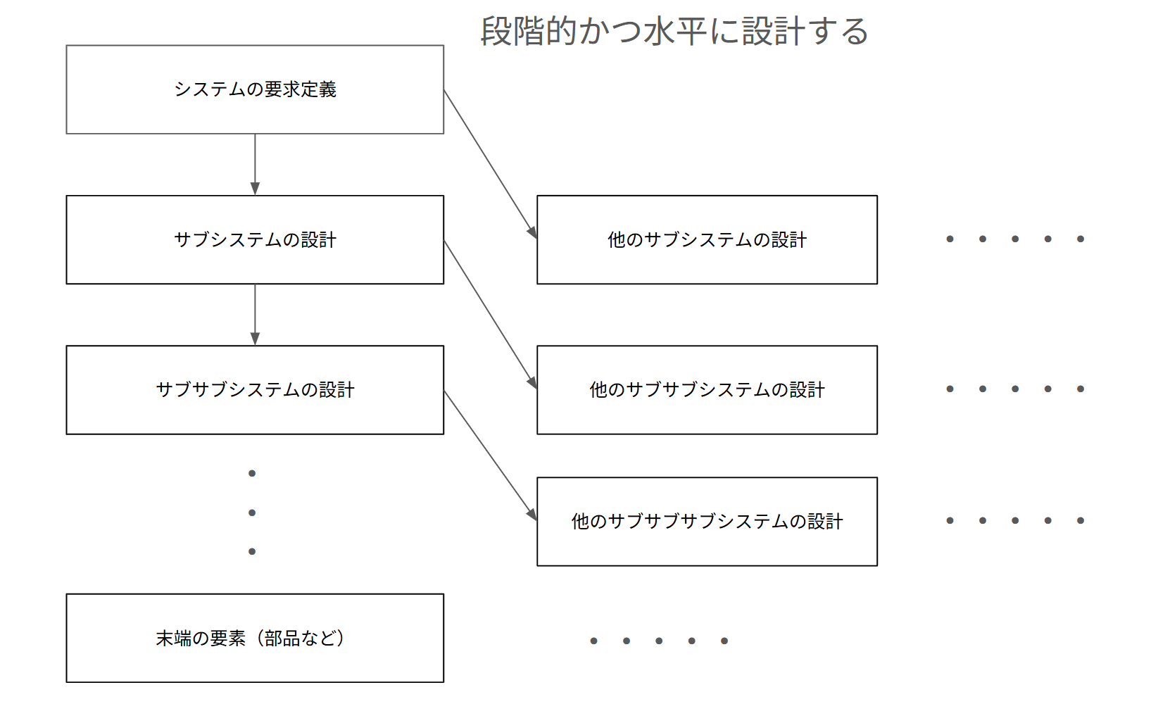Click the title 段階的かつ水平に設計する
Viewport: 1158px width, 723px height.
coord(674,32)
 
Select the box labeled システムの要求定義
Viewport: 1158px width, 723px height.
coord(255,89)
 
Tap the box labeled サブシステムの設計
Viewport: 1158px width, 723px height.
coord(255,239)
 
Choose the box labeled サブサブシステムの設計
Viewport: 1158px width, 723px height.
coord(255,389)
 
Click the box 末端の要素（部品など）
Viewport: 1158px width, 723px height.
coord(255,638)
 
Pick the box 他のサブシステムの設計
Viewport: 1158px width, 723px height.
coord(707,239)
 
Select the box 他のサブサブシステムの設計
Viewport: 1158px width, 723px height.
coord(707,389)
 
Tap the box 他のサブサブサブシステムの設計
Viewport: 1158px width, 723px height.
coord(707,521)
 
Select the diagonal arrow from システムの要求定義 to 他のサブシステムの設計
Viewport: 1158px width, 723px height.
coord(490,164)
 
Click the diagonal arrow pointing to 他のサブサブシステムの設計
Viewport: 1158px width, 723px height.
coord(490,314)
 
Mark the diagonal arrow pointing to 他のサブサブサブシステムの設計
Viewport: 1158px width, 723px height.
coord(490,455)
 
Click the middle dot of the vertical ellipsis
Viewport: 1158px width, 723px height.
coord(252,513)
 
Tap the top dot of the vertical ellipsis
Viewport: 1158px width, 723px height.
coord(252,473)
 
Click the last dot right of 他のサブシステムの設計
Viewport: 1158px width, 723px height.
coord(1081,239)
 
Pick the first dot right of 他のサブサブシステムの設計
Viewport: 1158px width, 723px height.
coord(950,389)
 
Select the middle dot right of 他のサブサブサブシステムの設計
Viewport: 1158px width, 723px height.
coord(1015,521)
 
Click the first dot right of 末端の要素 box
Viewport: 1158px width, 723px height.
coord(594,641)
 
